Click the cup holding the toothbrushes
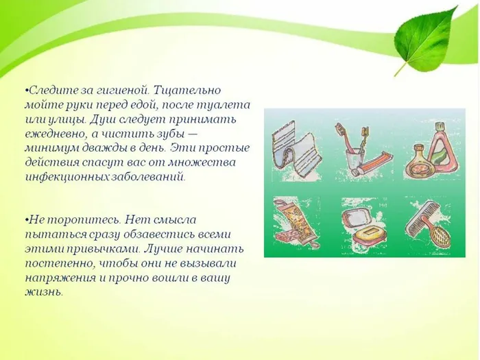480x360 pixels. [350, 159]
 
